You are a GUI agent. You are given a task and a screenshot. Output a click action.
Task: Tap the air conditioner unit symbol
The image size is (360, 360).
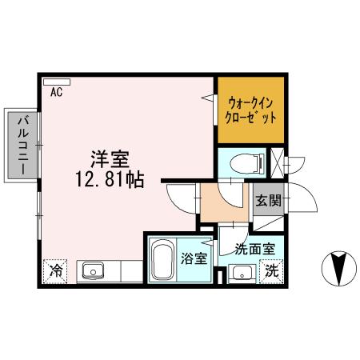pyautogui.click(x=58, y=81)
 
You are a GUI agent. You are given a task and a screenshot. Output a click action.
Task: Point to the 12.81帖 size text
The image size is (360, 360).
pyautogui.click(x=111, y=180)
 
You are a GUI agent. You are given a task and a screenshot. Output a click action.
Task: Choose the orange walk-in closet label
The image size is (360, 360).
pyautogui.click(x=251, y=110)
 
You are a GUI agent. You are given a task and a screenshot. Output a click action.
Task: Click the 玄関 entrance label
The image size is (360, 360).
pyautogui.click(x=269, y=201)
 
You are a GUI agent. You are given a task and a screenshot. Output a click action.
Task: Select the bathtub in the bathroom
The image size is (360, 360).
pyautogui.click(x=164, y=260)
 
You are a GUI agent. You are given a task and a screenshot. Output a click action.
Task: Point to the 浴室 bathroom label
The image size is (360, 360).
pyautogui.click(x=194, y=259)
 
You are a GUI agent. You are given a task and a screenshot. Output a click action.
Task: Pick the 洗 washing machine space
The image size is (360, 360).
pyautogui.click(x=272, y=271)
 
